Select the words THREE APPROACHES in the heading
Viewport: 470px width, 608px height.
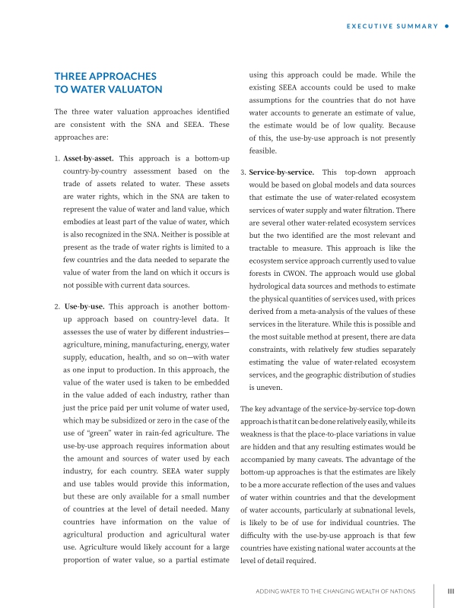click(105, 76)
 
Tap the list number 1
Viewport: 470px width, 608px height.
click(57, 159)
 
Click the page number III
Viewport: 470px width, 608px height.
click(450, 591)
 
